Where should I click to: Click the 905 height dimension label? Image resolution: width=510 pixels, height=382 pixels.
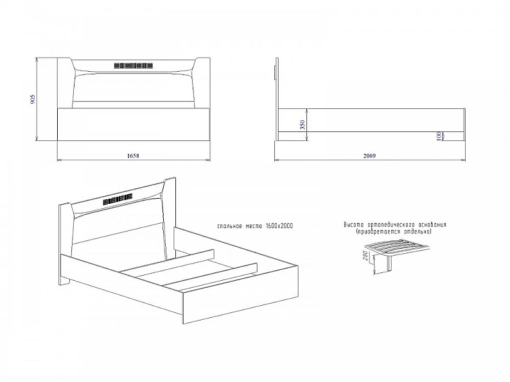33,99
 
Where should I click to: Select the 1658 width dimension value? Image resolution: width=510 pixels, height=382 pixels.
133,156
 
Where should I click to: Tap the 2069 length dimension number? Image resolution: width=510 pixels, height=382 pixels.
369,156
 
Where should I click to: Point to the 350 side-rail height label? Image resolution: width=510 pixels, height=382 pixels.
303,124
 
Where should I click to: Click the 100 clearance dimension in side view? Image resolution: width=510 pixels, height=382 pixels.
439,136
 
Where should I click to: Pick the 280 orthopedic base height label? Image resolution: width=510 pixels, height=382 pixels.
365,257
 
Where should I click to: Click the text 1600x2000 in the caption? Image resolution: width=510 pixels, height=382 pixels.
279,226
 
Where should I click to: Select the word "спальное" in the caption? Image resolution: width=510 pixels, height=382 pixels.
230,226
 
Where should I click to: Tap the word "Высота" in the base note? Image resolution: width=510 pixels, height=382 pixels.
354,224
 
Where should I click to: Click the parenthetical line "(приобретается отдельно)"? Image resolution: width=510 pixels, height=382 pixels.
394,232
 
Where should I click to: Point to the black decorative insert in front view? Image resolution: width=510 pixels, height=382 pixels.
134,65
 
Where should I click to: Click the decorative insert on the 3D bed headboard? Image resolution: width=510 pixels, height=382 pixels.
118,199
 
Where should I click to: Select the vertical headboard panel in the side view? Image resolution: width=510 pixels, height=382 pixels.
277,99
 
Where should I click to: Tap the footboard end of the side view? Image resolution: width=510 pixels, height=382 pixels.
464,124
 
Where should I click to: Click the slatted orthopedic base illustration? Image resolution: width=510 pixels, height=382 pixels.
396,248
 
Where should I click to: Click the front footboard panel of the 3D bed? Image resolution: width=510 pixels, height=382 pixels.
241,295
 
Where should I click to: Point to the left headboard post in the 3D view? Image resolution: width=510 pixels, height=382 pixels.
65,244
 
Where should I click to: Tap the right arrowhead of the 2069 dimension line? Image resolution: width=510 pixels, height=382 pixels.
464,160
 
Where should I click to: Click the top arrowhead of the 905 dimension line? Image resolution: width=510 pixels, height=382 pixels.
37,60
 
